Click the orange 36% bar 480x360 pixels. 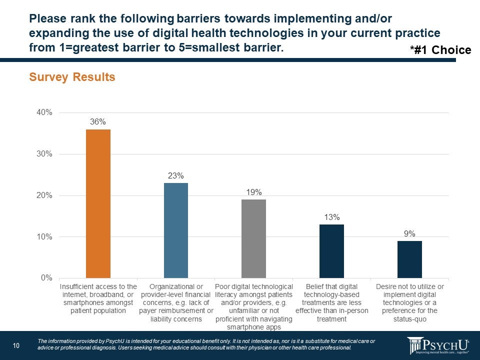point(98,203)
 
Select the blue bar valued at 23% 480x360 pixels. point(176,230)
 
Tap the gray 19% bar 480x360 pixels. point(253,238)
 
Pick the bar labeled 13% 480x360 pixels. point(331,251)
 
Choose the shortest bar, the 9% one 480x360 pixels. point(409,259)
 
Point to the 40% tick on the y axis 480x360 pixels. point(44,112)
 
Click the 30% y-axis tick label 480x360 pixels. point(44,154)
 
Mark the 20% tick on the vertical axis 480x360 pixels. point(44,195)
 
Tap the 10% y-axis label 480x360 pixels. point(44,236)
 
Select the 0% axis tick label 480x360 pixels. point(46,278)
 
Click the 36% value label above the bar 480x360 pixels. point(98,121)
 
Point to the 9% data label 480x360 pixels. point(409,233)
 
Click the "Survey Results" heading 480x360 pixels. point(72,77)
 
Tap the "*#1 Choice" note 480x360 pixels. point(440,50)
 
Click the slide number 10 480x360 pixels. point(16,345)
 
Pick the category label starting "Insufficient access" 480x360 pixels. point(98,298)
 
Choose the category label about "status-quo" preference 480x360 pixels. point(409,302)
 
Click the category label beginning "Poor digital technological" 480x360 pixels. point(253,306)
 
